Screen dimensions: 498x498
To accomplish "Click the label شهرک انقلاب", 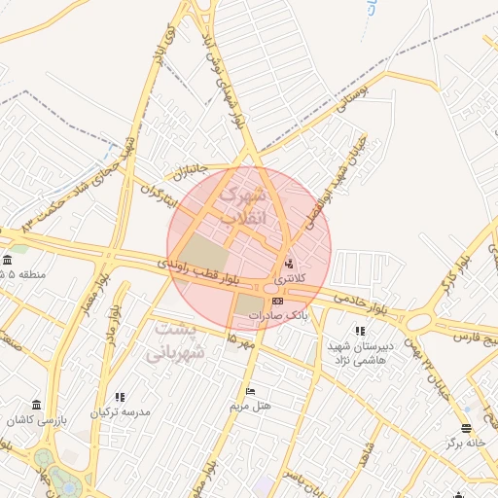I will point(242,206).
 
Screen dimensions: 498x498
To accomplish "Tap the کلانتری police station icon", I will point(288,264).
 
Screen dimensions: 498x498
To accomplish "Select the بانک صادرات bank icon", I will point(278,302).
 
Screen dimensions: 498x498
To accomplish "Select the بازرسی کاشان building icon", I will point(37,405).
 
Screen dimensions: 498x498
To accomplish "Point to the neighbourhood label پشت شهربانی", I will point(176,341).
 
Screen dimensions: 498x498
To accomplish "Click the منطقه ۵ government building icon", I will point(8,260).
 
